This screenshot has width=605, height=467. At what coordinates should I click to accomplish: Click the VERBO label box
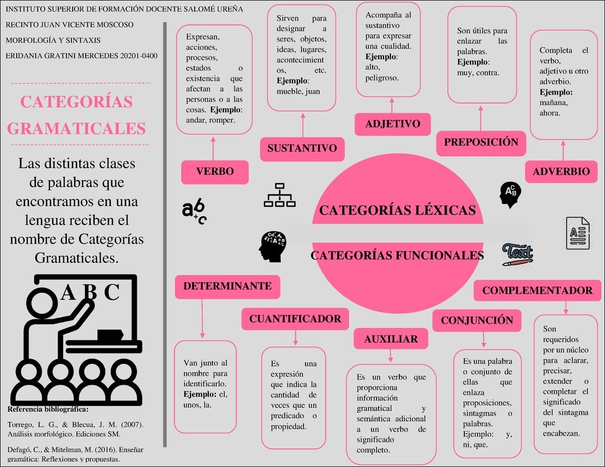215,172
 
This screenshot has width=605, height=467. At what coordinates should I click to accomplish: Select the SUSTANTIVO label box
302,149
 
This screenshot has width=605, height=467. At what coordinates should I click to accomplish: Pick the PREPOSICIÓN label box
481,143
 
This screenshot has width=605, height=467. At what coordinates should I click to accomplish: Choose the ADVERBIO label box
561,172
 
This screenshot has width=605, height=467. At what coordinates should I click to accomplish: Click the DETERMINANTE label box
227,287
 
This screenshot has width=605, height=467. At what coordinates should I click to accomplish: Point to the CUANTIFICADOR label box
295,319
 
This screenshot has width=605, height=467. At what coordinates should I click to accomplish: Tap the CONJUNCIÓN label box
477,320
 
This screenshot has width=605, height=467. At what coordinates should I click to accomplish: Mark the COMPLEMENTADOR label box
537,291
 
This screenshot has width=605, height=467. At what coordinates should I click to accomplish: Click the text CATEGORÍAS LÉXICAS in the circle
397,210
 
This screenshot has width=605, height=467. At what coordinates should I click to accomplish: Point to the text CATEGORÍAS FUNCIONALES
397,255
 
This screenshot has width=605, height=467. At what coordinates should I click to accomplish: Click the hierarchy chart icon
279,195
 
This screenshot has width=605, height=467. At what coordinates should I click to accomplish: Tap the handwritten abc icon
194,212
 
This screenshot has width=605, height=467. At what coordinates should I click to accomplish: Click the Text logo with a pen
518,254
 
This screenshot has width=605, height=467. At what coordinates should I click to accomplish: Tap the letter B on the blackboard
89,293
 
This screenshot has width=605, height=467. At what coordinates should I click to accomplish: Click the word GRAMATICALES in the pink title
77,128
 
